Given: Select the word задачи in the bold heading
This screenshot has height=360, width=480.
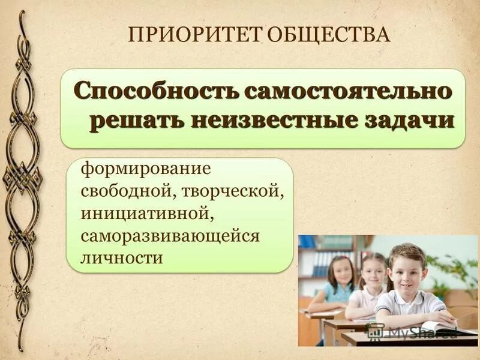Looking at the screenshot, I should point(403,119).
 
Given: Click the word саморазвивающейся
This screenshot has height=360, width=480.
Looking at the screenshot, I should point(170,236).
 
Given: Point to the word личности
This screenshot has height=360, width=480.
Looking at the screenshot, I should point(122,258).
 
